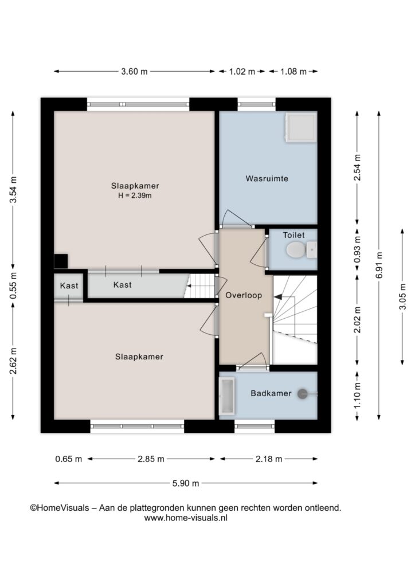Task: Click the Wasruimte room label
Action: tap(267, 179)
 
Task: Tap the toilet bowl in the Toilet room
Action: tap(296, 250)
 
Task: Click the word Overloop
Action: tap(244, 295)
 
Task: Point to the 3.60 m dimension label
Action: tap(134, 71)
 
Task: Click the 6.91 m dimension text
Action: tap(379, 265)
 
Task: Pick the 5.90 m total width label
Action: tap(186, 483)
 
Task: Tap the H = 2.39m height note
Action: tap(135, 195)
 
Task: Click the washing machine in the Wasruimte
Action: tap(301, 128)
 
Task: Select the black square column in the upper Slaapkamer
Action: tap(61, 261)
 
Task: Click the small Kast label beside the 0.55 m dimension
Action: tap(69, 285)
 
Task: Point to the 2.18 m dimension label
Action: tap(269, 459)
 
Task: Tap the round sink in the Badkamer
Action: tap(302, 394)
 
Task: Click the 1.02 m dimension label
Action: tap(242, 71)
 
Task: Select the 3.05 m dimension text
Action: tap(402, 296)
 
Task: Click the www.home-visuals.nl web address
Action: tap(186, 518)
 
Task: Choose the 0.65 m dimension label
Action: tap(68, 459)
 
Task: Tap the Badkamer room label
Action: tap(271, 393)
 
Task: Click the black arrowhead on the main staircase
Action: tap(278, 297)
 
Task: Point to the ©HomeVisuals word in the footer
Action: tap(60, 508)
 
